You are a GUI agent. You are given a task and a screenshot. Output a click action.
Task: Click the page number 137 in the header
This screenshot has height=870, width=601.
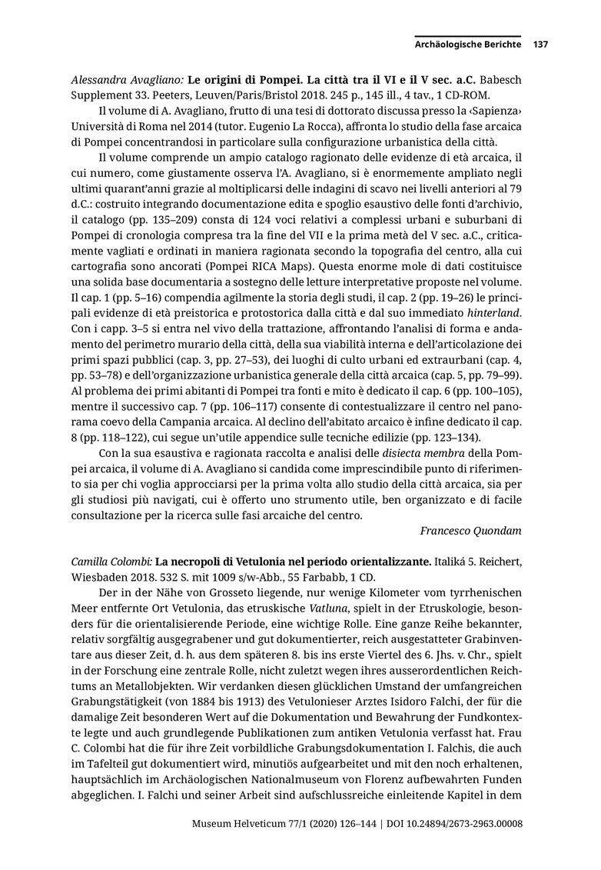[x=540, y=45]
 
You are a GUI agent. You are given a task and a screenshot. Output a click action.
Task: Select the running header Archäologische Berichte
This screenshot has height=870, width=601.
[x=468, y=45]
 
